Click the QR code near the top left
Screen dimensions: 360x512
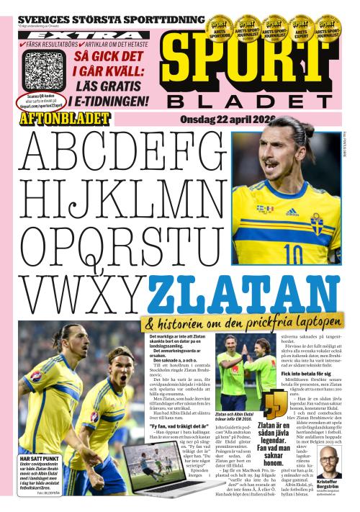tap(45, 70)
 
